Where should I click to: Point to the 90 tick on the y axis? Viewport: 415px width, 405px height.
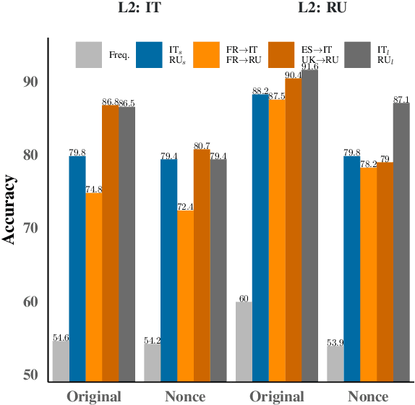click(x=33, y=82)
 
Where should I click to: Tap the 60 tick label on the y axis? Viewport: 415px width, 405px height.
click(x=33, y=302)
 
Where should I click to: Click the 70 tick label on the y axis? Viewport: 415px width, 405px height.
click(x=33, y=229)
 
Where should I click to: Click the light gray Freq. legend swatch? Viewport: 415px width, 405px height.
click(x=89, y=54)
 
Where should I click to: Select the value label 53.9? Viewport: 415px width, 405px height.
click(x=335, y=341)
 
